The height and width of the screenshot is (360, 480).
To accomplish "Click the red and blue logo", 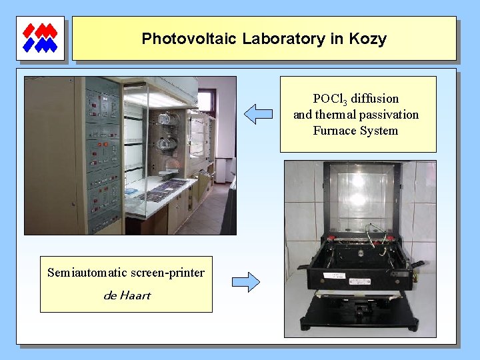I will (x=40, y=38).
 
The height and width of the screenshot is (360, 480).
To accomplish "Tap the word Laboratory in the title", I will (x=284, y=39).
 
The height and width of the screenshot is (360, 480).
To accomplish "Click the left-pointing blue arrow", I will (x=258, y=114).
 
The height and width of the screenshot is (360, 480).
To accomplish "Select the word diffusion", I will (x=375, y=99).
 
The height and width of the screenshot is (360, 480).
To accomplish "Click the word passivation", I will (x=386, y=115).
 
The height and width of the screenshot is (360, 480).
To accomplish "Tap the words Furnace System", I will (x=355, y=131).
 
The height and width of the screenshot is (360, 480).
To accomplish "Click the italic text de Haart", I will (x=127, y=295).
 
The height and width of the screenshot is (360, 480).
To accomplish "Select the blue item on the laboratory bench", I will (x=131, y=192).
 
